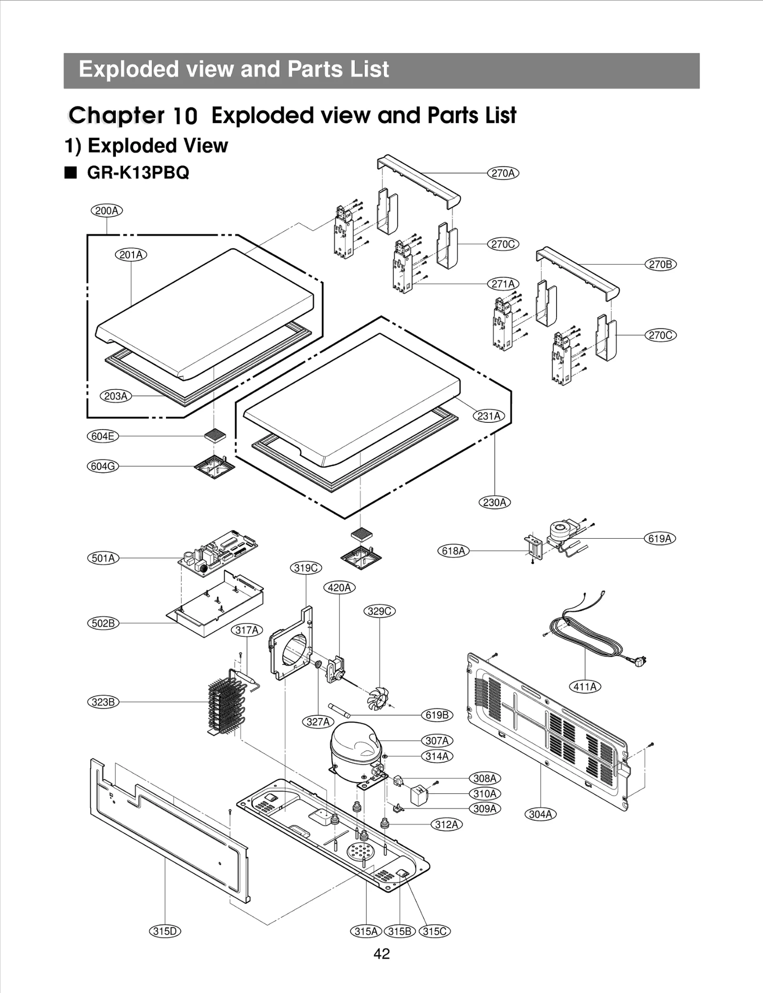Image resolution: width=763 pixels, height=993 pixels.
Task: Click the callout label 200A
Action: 106,211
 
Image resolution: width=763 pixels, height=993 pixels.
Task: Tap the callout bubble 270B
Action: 660,264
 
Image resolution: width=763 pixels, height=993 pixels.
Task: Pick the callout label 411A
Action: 585,686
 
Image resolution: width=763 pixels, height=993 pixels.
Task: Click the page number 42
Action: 381,953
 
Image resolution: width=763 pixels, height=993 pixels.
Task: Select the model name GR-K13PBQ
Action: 138,172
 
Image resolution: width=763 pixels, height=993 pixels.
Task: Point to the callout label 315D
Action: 165,931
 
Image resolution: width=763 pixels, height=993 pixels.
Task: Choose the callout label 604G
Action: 103,466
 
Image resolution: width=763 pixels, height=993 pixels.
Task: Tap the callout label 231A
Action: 488,416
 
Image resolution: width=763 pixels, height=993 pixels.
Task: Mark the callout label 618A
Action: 453,551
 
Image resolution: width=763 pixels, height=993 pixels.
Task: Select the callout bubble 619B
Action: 437,715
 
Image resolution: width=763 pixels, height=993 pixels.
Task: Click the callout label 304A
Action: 540,814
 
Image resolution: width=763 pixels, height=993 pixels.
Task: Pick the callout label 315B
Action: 400,931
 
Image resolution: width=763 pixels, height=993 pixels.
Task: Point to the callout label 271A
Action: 503,284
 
